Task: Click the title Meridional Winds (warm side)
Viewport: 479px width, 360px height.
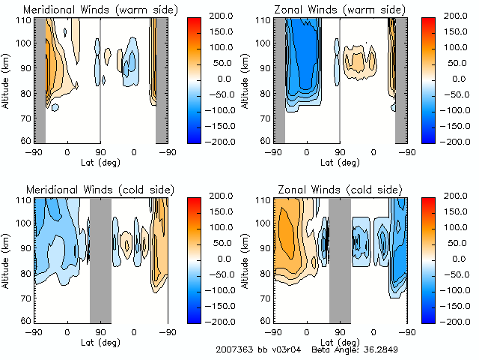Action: click(x=100, y=10)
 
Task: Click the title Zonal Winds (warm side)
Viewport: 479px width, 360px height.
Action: click(x=338, y=10)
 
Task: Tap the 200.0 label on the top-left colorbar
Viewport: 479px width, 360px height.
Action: click(x=218, y=16)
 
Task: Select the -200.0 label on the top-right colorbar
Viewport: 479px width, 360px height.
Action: click(x=457, y=141)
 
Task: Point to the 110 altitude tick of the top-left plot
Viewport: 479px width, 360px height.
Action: click(x=25, y=20)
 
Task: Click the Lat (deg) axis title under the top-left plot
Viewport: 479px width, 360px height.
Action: click(x=100, y=162)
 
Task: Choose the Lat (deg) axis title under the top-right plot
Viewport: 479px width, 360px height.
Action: click(x=340, y=162)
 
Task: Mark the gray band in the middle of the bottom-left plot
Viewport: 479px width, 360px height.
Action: click(x=100, y=259)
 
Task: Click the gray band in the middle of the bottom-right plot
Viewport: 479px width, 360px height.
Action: click(x=340, y=259)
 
